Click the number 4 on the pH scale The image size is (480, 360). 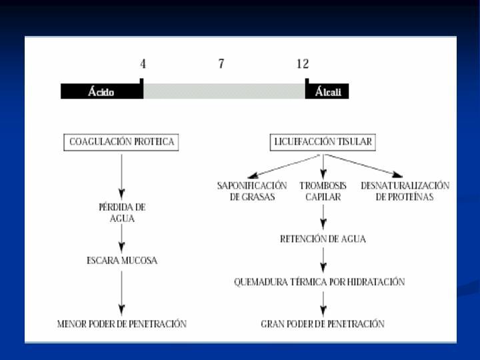[143, 64]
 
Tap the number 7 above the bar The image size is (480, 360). [221, 64]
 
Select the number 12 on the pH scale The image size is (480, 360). [303, 64]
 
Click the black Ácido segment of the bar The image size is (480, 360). [102, 91]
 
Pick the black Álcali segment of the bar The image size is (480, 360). [327, 91]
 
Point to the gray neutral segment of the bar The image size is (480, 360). [224, 91]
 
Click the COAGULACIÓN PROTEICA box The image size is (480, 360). [121, 142]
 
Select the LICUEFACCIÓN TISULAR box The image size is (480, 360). [323, 142]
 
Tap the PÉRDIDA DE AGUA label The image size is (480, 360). [122, 213]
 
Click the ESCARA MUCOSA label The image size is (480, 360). [122, 261]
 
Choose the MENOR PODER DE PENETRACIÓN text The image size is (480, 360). [122, 324]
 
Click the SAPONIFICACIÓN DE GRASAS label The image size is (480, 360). [252, 191]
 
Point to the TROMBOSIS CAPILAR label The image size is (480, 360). [323, 191]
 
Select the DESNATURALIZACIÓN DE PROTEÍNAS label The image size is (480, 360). [405, 191]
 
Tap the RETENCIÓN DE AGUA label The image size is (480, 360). [323, 239]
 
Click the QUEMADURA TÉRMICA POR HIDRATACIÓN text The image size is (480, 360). [319, 281]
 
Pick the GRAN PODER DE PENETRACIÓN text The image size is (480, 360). [323, 324]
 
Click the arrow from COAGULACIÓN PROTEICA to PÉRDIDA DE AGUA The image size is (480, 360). [121, 177]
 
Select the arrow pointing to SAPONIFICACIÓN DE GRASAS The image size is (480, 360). [283, 167]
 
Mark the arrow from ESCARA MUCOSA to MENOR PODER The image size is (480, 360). [121, 293]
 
